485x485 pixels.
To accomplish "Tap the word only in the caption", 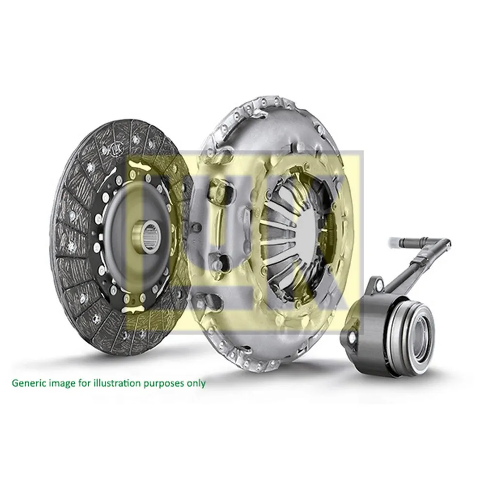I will (196, 383).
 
